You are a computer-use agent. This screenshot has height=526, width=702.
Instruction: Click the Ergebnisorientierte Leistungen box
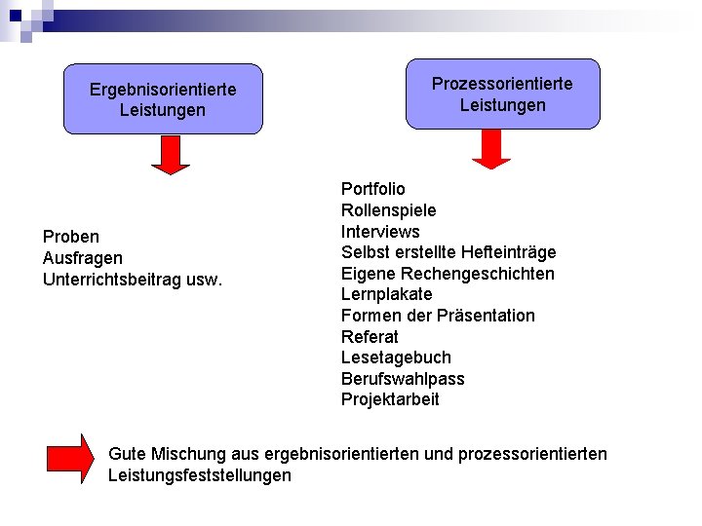click(163, 99)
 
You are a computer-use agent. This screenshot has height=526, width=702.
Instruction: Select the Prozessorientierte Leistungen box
click(502, 94)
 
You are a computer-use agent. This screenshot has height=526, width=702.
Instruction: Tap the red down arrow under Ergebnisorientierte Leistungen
click(171, 155)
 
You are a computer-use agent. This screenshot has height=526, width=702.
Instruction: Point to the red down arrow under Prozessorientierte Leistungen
click(491, 149)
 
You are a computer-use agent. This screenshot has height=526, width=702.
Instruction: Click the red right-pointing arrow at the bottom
click(70, 459)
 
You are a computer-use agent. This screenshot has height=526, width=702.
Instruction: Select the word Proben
click(71, 237)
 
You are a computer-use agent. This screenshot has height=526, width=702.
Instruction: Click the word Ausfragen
click(83, 258)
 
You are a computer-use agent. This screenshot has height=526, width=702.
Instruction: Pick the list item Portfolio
click(373, 189)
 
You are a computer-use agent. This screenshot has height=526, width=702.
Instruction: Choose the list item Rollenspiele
click(389, 210)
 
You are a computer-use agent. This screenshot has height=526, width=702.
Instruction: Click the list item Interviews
click(380, 232)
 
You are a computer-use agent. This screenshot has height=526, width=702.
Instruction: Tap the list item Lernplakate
click(387, 294)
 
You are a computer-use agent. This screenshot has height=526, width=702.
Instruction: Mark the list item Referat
click(370, 337)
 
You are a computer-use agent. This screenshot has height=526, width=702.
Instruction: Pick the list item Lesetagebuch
click(396, 357)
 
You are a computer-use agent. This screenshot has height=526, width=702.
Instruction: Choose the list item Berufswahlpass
click(403, 379)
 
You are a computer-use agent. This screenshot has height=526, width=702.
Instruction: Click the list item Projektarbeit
click(390, 399)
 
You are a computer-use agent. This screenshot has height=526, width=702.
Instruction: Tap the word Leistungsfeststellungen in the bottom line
click(200, 475)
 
